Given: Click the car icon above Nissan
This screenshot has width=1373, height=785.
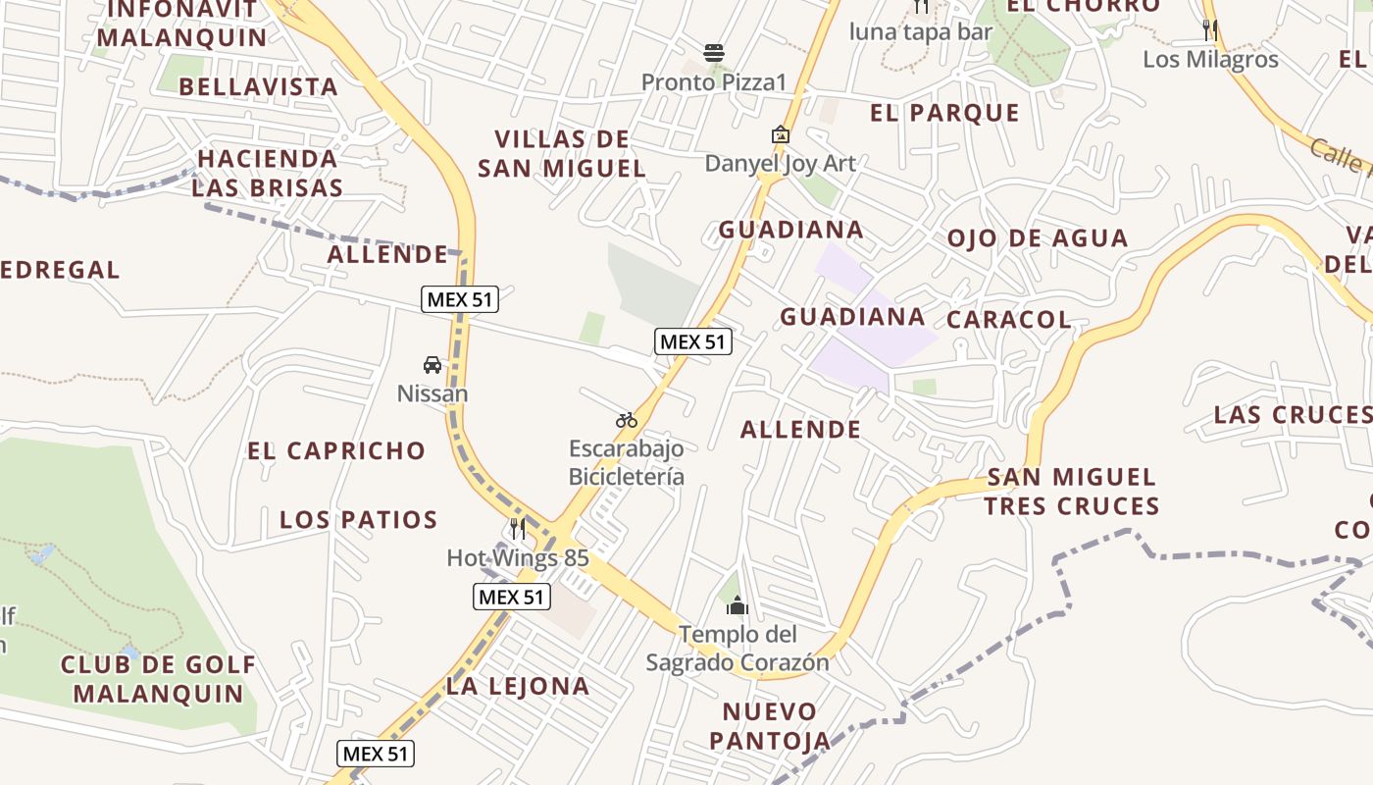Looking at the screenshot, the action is click(432, 365).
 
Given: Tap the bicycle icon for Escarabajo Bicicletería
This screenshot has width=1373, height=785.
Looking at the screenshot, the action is click(627, 420).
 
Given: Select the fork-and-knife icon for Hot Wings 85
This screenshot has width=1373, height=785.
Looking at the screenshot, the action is click(518, 529).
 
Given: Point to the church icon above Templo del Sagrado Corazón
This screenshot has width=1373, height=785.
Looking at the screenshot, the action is click(737, 605).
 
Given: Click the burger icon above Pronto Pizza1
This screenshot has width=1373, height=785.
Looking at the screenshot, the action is click(714, 52).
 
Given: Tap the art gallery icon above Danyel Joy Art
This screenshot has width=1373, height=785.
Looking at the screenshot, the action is click(781, 134).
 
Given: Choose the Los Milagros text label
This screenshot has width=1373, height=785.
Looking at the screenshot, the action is click(1210, 59).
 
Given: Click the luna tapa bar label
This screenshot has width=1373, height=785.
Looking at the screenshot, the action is click(921, 31).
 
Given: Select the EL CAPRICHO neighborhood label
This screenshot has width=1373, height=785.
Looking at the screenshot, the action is click(336, 450).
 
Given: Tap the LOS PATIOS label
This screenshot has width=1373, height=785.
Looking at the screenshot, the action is click(358, 519).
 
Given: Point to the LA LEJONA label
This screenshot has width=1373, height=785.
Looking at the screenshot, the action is click(518, 686).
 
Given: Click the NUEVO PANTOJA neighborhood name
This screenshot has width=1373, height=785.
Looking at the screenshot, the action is click(770, 725).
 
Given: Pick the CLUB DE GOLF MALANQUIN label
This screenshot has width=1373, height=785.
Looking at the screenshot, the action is click(158, 679).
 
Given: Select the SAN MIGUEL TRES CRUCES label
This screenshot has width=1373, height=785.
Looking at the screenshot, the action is click(1071, 492).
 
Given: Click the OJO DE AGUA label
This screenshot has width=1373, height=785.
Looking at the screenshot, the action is click(1037, 237).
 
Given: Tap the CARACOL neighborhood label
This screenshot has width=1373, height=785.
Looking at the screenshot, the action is click(1008, 319).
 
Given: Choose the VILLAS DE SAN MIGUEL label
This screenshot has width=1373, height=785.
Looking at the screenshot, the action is click(562, 153).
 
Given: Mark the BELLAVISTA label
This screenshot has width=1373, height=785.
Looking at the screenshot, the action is click(259, 86).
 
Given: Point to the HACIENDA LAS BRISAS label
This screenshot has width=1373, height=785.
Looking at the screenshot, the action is click(267, 173).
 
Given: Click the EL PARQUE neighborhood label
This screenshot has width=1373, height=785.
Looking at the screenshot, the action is click(944, 113).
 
